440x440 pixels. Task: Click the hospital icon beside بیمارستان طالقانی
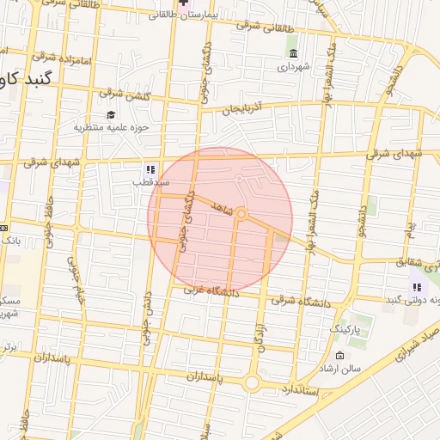(x=183, y=3)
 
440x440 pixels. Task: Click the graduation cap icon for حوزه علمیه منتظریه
(x=110, y=115)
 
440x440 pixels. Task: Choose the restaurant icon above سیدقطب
(x=150, y=169)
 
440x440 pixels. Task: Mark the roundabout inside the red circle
(x=242, y=213)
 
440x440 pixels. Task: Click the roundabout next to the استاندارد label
(x=252, y=383)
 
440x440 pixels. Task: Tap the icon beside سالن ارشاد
(x=340, y=356)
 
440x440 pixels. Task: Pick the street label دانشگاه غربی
(x=208, y=292)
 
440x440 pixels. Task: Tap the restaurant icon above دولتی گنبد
(x=417, y=287)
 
